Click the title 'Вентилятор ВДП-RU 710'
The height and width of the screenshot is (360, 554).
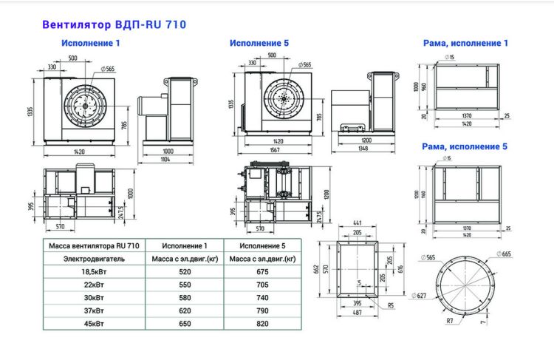coord(114,24)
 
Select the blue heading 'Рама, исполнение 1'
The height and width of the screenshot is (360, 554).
coord(465,44)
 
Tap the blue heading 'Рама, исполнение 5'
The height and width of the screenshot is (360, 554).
coord(465,146)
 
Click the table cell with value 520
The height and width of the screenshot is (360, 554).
coord(185,272)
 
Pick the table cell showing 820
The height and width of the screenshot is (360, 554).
coord(262,323)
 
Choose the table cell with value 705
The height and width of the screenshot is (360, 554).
coord(262,285)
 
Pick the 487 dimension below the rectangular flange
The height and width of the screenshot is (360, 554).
coord(357,313)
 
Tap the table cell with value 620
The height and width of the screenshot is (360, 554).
coord(185,310)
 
